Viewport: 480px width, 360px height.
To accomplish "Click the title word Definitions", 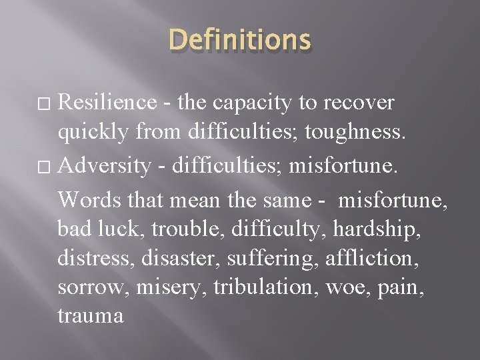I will [240, 40].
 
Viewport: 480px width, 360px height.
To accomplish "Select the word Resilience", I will [107, 103].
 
